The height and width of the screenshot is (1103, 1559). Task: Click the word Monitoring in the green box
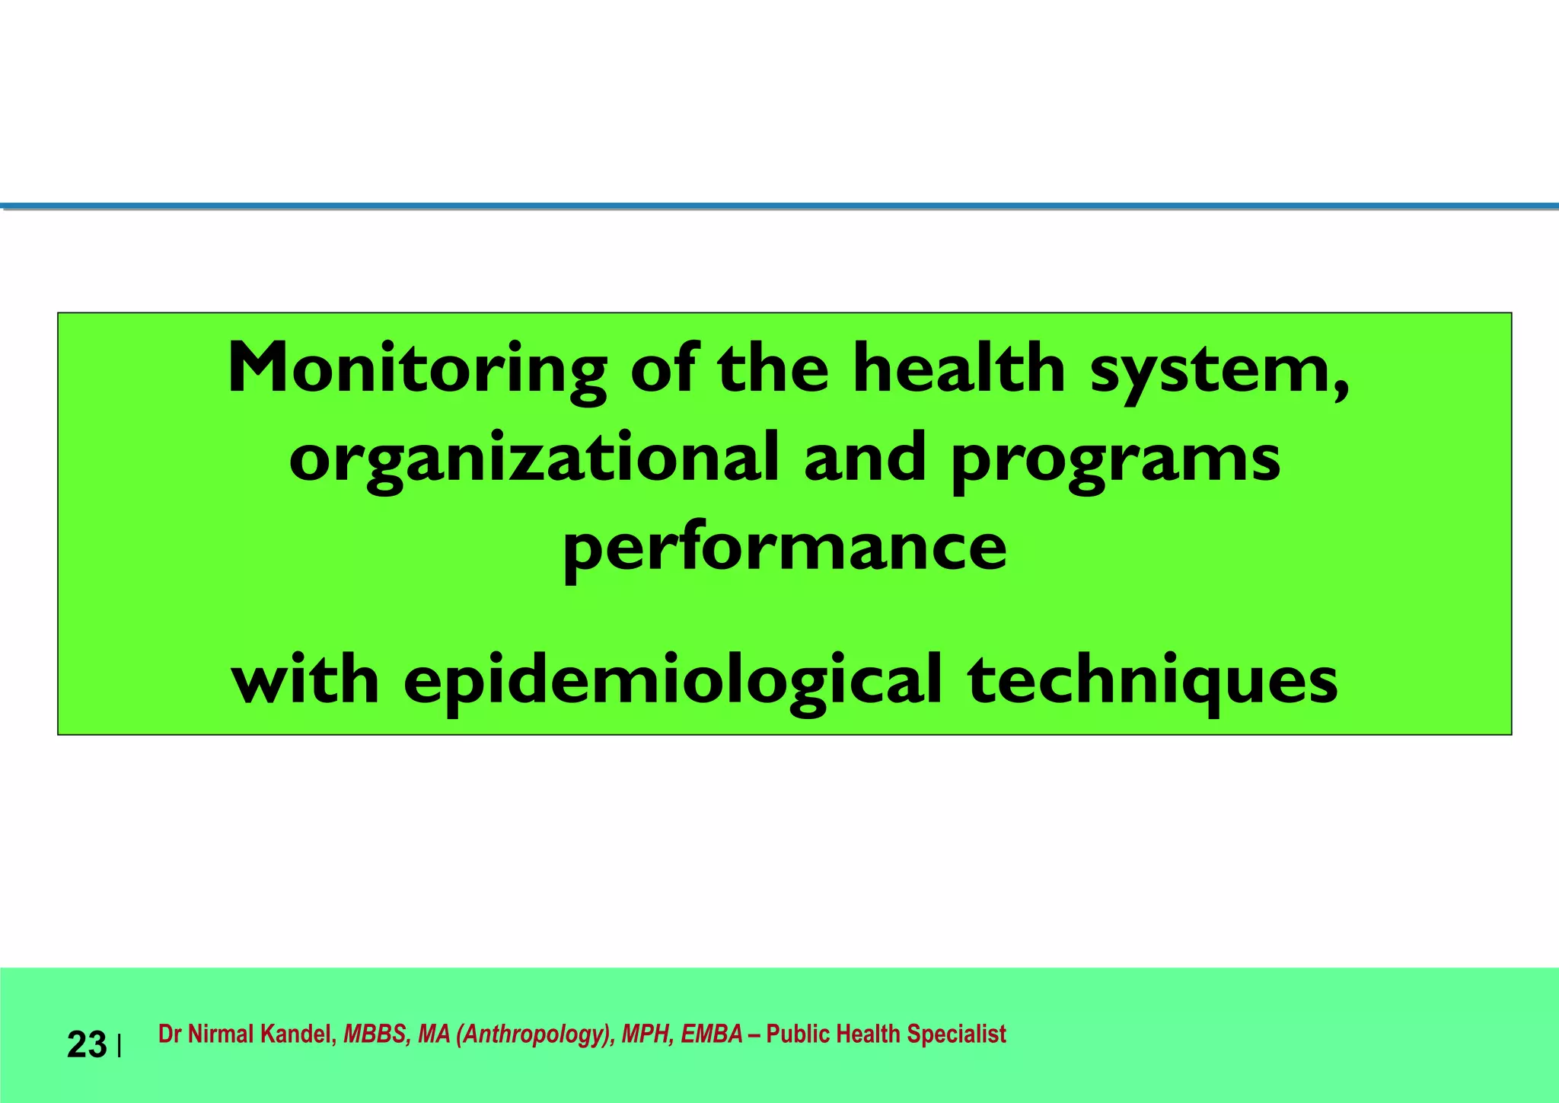click(x=417, y=369)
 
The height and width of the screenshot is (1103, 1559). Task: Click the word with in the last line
click(x=305, y=679)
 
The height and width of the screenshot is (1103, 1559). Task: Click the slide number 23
click(x=87, y=1045)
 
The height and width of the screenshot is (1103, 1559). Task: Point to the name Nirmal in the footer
click(x=222, y=1034)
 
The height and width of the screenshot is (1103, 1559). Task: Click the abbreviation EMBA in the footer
click(x=711, y=1034)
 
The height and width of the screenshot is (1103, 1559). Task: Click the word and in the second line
click(x=865, y=459)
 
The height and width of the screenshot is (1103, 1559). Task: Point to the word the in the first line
click(x=773, y=369)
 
